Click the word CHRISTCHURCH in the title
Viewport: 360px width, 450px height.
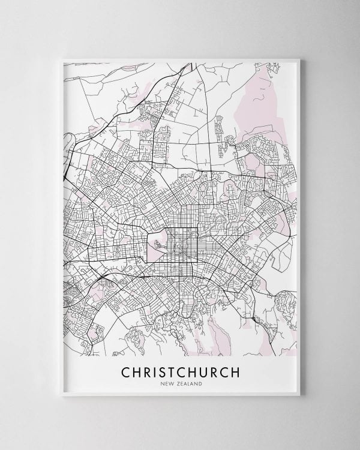coord(180,372)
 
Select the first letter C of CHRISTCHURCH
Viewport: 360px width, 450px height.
coord(127,372)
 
